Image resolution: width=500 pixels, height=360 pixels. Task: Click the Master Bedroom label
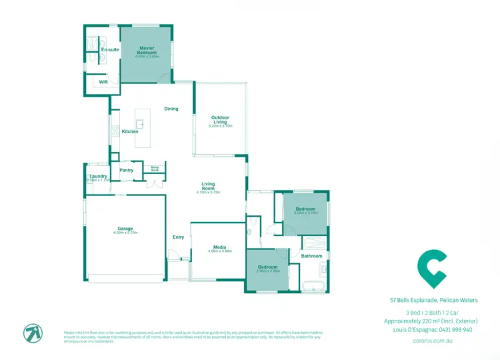147,50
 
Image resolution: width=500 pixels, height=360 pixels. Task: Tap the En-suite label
109,50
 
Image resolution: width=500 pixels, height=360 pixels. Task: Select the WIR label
103,82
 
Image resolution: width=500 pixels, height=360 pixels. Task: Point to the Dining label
171,109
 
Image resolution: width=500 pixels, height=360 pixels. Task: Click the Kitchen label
130,131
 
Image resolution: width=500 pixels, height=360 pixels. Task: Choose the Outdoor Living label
220,120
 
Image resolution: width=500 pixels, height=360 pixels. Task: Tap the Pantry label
127,170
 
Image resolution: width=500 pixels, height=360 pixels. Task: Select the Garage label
125,229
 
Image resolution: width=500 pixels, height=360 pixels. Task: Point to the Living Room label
208,186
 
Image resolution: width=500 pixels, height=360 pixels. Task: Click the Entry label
178,237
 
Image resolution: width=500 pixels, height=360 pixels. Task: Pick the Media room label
219,247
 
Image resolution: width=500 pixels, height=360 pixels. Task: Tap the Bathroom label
311,256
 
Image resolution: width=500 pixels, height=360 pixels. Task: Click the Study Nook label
155,169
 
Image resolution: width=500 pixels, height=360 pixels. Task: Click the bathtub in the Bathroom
312,287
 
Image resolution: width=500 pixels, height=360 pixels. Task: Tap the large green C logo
431,266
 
